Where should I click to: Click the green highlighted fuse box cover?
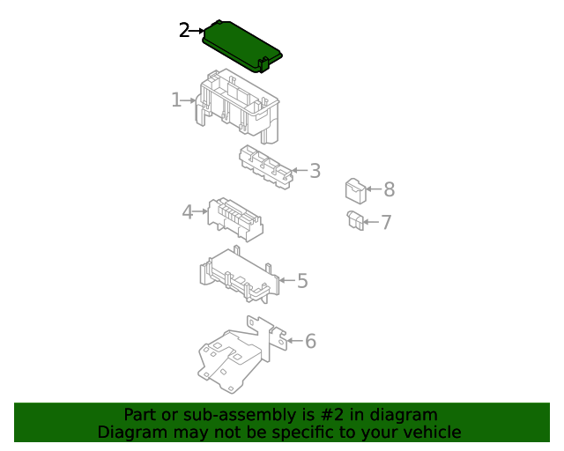(241, 46)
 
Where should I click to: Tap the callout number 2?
(184, 30)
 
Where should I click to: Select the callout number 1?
(176, 100)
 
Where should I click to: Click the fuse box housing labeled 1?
(237, 107)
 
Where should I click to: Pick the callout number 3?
(315, 171)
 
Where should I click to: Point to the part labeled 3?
(266, 166)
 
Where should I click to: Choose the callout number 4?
(188, 211)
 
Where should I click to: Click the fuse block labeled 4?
(235, 219)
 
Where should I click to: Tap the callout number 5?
(302, 281)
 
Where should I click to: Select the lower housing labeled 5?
(240, 275)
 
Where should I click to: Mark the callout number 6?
(310, 341)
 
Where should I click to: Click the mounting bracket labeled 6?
(241, 355)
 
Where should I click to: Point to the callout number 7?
(386, 222)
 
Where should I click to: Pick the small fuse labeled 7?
(355, 220)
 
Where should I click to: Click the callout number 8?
(390, 189)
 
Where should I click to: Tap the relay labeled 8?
(356, 191)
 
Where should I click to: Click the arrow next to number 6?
(295, 341)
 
